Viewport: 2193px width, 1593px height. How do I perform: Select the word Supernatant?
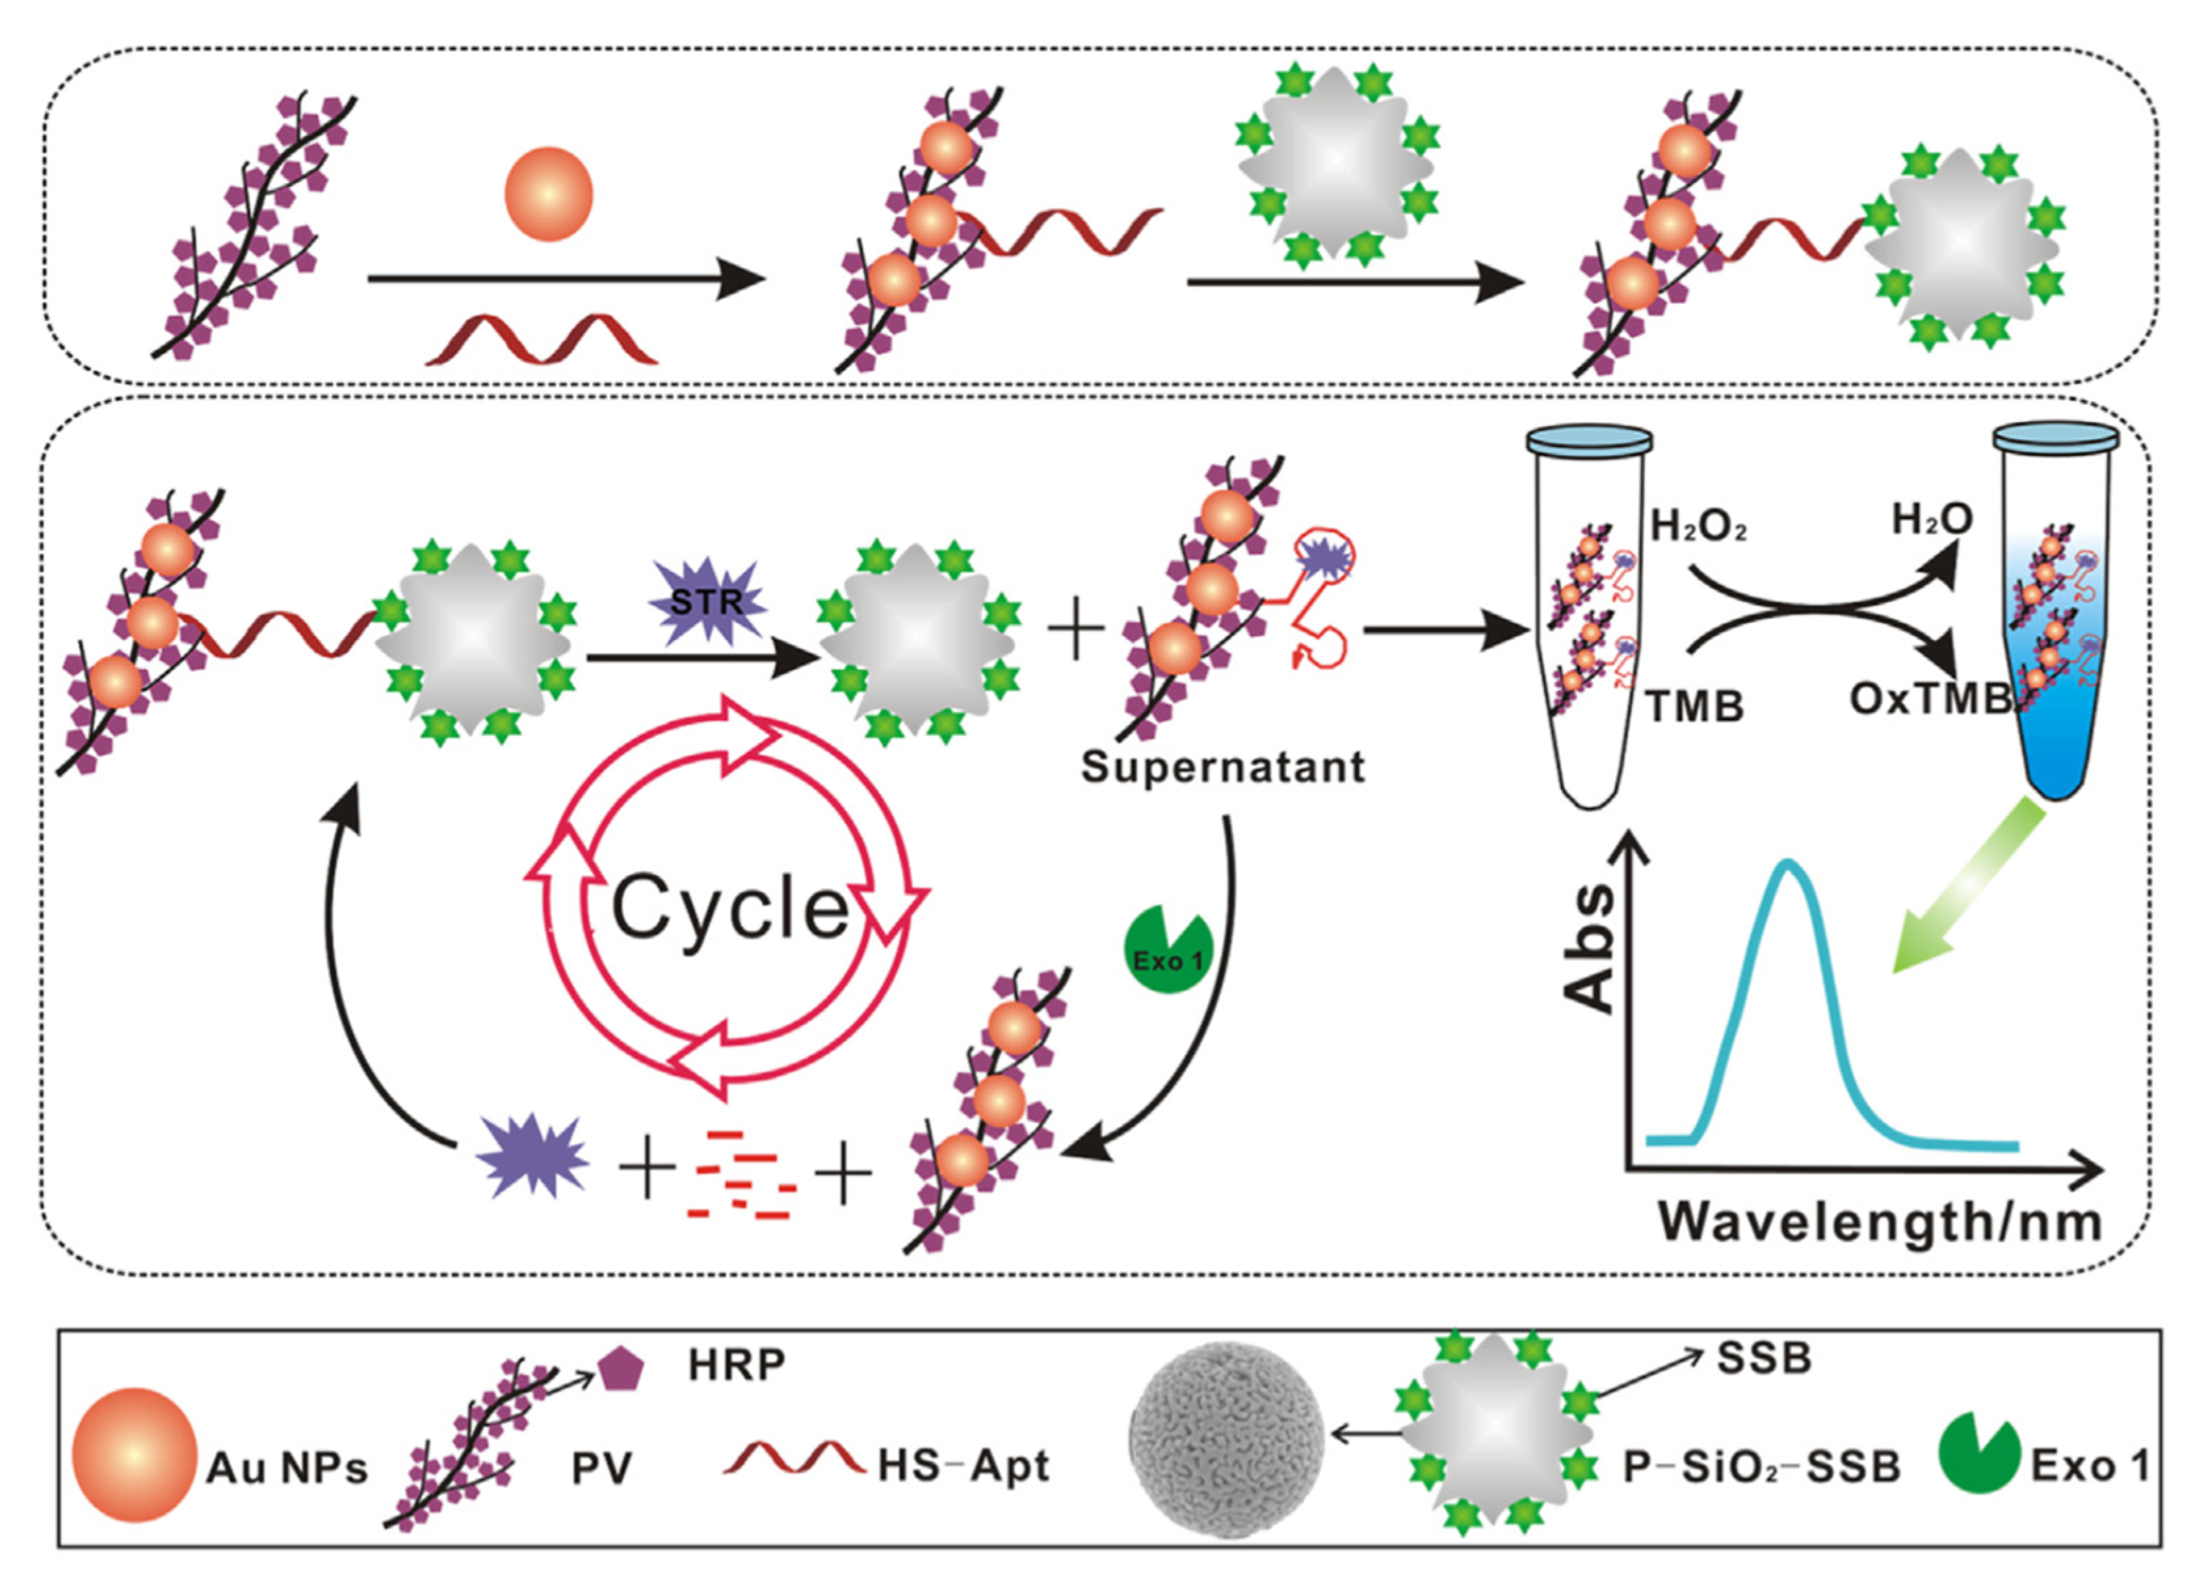1222,767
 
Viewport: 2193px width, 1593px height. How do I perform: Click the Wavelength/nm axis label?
1881,1221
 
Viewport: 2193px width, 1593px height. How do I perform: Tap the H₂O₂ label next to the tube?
1698,526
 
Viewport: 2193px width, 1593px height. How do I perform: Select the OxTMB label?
1930,699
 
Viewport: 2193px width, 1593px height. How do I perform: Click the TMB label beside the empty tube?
1695,707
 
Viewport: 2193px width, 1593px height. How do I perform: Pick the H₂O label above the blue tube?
1932,521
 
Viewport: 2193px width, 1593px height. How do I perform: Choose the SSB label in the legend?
1764,1359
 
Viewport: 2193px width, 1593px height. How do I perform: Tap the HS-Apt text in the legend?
963,1466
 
